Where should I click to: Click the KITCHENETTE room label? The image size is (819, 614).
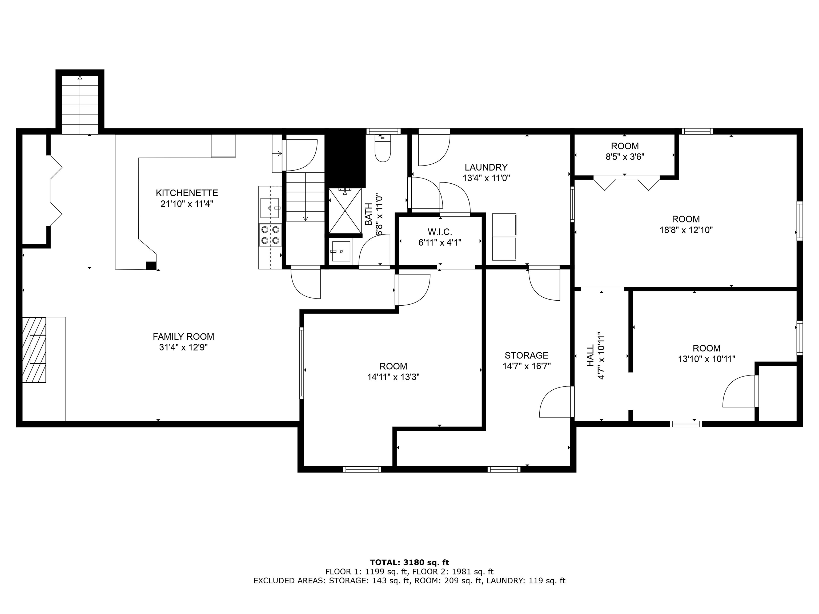[x=187, y=193]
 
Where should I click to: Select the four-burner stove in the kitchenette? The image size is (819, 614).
[x=270, y=235]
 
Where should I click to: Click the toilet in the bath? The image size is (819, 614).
[x=383, y=148]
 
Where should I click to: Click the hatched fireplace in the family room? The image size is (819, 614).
[x=34, y=350]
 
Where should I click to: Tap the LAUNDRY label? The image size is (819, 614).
[x=486, y=167]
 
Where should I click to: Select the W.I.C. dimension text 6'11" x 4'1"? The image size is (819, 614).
[x=440, y=243]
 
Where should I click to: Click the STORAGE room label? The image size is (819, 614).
[x=527, y=355]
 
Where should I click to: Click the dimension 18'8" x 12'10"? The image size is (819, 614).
[x=686, y=230]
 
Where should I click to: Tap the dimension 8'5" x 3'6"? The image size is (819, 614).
[x=625, y=156]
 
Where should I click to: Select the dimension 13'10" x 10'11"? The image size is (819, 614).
[x=706, y=359]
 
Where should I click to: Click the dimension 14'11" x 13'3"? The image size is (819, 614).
[x=393, y=377]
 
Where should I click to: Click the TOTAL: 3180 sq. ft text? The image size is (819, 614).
[x=409, y=563]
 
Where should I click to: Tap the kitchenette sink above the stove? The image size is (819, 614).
[x=270, y=208]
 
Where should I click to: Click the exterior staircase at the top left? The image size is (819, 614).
[x=80, y=104]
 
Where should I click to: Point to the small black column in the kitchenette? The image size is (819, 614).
[x=151, y=265]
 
